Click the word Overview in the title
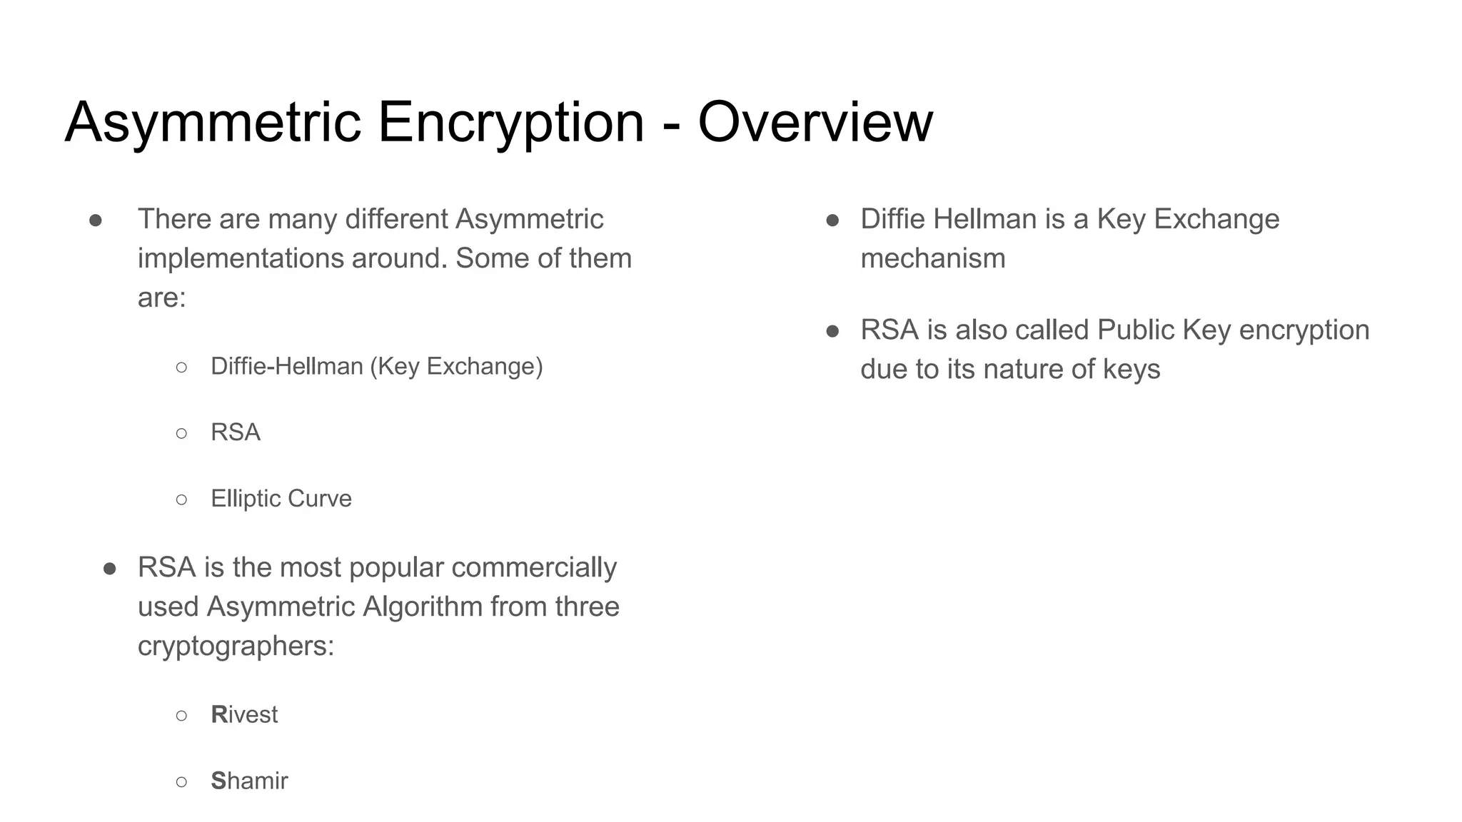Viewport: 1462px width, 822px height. [815, 122]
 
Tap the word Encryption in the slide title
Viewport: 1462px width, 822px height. [510, 122]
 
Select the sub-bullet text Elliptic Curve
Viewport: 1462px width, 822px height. [281, 498]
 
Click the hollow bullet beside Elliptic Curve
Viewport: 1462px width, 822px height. [181, 499]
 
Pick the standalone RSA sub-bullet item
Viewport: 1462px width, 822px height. [236, 432]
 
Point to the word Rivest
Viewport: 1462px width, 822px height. [244, 714]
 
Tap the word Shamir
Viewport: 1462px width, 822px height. [249, 781]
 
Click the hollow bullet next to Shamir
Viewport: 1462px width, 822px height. [181, 781]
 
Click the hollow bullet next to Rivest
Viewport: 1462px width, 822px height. [181, 715]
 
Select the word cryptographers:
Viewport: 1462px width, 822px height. [236, 646]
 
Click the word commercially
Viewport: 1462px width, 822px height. [534, 568]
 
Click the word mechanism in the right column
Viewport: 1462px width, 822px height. [932, 258]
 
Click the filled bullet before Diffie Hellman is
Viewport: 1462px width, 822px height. [832, 220]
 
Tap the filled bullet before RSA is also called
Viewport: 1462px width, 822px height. [832, 331]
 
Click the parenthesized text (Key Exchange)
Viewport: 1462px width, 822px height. [456, 366]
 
